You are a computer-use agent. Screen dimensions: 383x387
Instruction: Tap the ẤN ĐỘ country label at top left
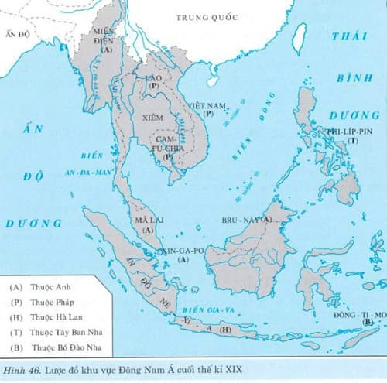(16, 35)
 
